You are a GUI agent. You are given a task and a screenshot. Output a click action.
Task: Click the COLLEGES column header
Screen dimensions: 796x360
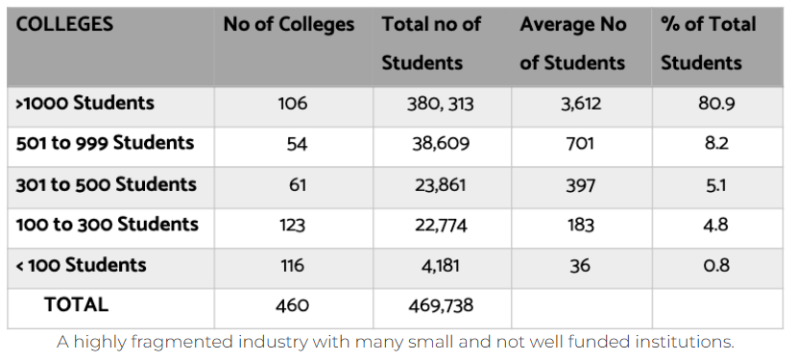pos(64,24)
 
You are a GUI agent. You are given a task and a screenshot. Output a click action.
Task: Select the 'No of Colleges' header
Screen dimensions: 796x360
pos(289,24)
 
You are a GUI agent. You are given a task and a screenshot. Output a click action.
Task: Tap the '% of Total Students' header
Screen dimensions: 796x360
pos(709,43)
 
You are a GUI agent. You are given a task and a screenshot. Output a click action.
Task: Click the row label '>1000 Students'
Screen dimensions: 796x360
pos(84,103)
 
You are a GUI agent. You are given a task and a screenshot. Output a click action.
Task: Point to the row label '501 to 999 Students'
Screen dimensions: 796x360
pos(105,143)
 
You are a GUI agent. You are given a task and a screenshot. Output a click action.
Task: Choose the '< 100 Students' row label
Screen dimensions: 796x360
pos(82,265)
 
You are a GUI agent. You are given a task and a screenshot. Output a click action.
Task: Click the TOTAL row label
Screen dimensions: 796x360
pos(76,304)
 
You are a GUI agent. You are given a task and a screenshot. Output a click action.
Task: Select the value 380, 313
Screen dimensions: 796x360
pos(440,104)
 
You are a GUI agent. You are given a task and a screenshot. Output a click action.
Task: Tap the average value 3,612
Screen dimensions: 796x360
pos(580,104)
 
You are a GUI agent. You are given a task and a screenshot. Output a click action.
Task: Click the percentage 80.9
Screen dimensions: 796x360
pos(716,103)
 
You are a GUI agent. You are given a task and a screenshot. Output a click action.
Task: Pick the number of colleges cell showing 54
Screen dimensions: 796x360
pos(297,144)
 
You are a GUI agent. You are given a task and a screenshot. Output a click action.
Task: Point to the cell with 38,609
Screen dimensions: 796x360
pos(441,144)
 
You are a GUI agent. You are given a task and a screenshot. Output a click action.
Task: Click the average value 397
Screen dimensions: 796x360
pos(580,184)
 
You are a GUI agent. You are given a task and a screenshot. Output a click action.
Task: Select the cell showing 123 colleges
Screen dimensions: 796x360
pos(293,225)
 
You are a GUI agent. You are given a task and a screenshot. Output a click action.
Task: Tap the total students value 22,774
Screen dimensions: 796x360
pos(441,225)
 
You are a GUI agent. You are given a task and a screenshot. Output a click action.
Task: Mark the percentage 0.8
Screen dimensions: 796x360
pos(716,265)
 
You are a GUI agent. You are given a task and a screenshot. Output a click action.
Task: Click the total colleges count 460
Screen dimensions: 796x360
pos(293,305)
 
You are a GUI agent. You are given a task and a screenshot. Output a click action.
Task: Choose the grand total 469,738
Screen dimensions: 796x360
pos(441,305)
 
